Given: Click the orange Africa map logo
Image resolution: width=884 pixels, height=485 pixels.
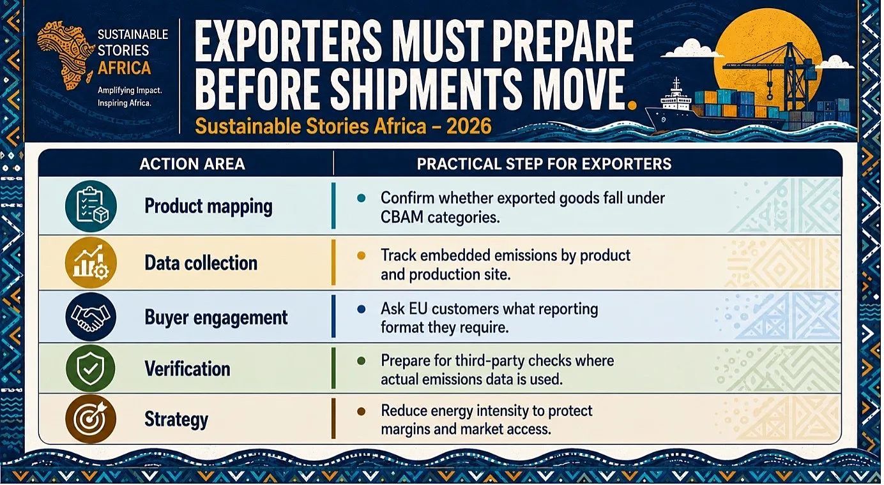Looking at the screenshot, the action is (65, 56).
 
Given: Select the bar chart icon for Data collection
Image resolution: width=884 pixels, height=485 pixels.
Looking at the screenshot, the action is (91, 263).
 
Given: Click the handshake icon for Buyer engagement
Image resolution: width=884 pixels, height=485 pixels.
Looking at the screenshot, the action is (91, 317).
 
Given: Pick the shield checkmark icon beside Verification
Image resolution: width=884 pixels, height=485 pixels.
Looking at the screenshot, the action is (91, 369).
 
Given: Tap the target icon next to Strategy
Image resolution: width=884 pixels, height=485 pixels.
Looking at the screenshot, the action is (91, 419).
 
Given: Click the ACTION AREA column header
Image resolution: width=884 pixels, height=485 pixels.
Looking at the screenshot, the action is (192, 164).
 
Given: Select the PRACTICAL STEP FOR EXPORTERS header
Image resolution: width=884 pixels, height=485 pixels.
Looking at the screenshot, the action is (544, 164).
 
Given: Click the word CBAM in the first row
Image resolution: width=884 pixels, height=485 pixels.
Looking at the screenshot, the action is (402, 217).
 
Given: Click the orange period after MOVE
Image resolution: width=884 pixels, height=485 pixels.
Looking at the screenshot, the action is (632, 105).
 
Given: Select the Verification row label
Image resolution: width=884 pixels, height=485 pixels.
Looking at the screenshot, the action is (187, 369).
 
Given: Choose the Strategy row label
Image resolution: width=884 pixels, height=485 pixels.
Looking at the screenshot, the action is (176, 419).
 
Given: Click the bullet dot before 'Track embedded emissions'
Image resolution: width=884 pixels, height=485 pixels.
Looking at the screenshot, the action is (361, 255).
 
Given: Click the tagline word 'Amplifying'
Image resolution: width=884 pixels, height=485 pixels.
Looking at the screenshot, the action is (116, 90).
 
